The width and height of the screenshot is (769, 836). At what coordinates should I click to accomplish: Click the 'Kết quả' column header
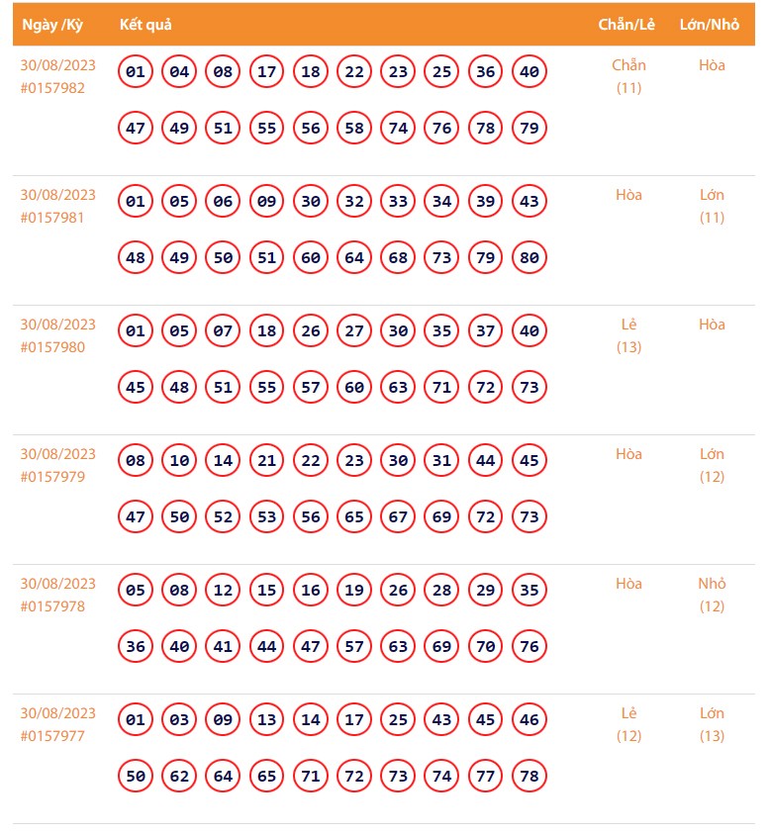[x=145, y=25]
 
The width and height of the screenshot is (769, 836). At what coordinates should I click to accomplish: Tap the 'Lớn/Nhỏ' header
[x=710, y=25]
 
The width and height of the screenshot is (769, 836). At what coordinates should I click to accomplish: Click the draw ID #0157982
[x=52, y=88]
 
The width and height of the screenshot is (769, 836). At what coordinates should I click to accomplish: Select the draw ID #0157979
[x=52, y=477]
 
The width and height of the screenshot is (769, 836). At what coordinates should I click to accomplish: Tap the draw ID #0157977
[x=52, y=736]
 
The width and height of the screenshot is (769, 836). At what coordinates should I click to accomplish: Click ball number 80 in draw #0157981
[x=529, y=258]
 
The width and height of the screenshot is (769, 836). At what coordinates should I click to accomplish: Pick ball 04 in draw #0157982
[x=179, y=72]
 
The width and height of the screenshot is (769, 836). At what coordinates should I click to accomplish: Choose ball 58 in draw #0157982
[x=354, y=129]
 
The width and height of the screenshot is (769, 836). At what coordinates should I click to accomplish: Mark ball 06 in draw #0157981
[x=223, y=202]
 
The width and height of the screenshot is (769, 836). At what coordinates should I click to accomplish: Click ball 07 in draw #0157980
[x=223, y=331]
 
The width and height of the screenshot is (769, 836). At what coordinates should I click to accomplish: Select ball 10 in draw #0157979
[x=179, y=461]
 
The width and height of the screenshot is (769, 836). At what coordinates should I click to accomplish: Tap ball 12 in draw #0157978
[x=223, y=591]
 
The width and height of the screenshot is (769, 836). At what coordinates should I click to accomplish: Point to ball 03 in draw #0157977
[x=179, y=720]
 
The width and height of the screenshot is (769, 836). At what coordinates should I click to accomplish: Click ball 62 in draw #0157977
[x=179, y=777]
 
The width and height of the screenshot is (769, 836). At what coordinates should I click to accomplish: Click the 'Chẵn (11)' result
[x=628, y=76]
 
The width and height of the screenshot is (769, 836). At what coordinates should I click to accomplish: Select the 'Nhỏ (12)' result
[x=712, y=595]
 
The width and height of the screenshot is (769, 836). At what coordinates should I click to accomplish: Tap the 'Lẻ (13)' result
[x=628, y=335]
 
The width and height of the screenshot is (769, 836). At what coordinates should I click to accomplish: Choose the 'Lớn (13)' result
[x=712, y=724]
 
